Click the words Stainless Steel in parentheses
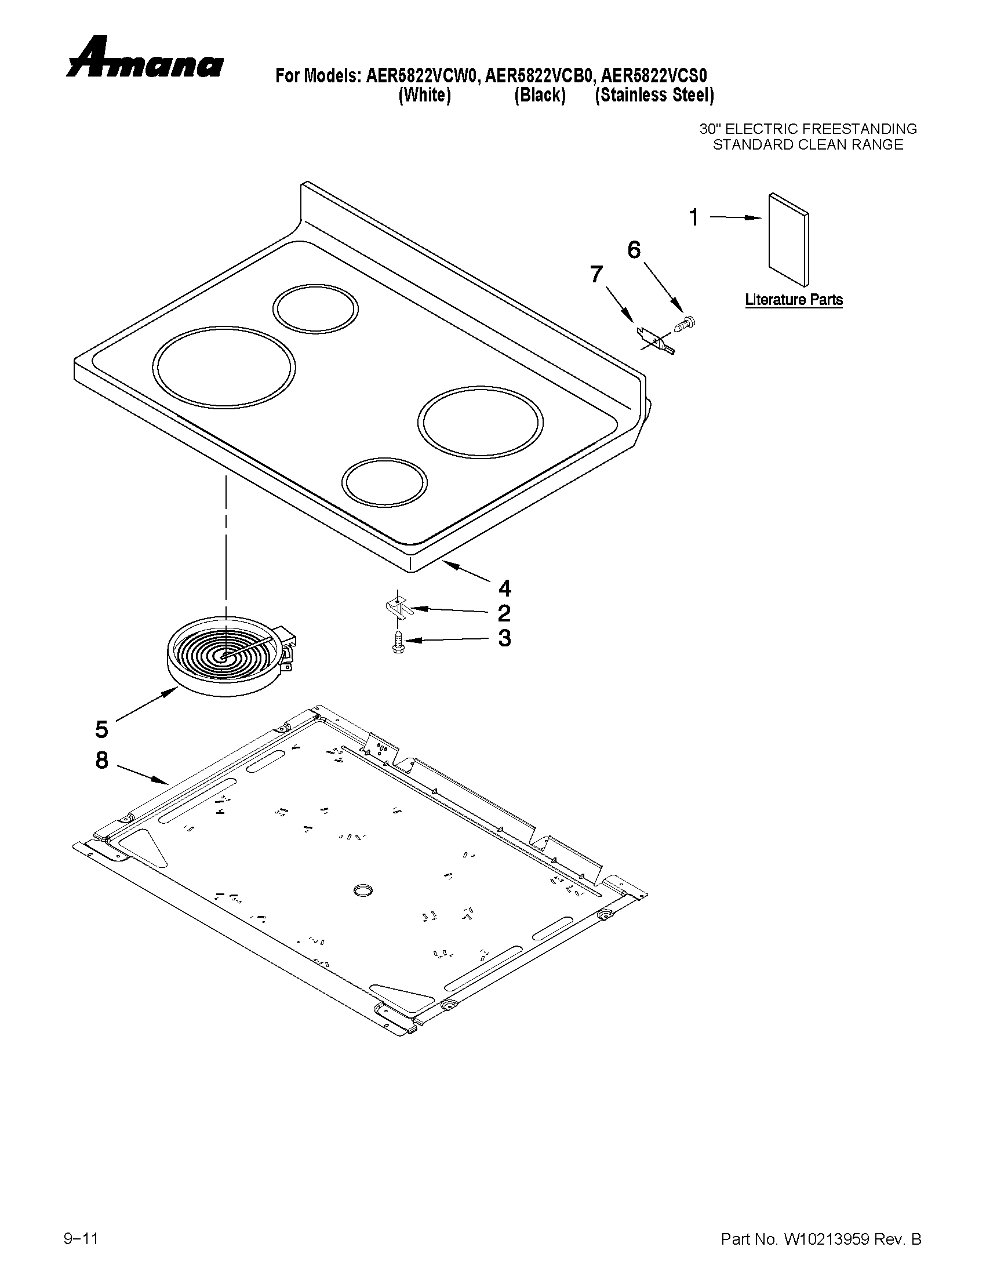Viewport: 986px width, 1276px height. click(655, 95)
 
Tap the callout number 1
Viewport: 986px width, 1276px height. click(694, 218)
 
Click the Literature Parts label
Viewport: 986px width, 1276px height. click(793, 300)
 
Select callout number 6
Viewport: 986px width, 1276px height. click(634, 249)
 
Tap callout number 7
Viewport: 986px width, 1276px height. click(596, 274)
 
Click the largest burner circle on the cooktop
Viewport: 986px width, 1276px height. click(224, 367)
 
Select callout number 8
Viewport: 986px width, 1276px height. click(101, 760)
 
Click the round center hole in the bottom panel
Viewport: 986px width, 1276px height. click(362, 889)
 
